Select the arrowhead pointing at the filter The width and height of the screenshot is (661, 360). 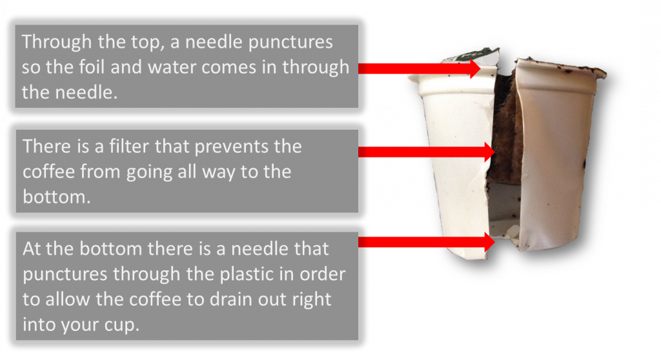pyautogui.click(x=489, y=152)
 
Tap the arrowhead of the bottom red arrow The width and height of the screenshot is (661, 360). pyautogui.click(x=489, y=242)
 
